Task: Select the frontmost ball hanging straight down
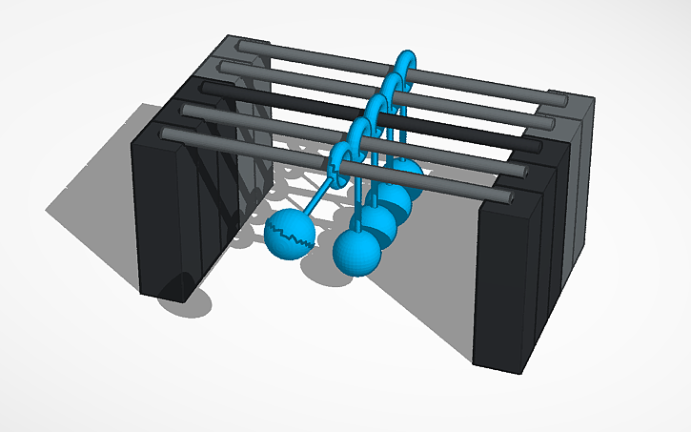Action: [x=356, y=252]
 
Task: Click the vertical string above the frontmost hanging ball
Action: [x=357, y=205]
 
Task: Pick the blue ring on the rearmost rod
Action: [x=405, y=61]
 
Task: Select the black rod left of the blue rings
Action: [x=286, y=95]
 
